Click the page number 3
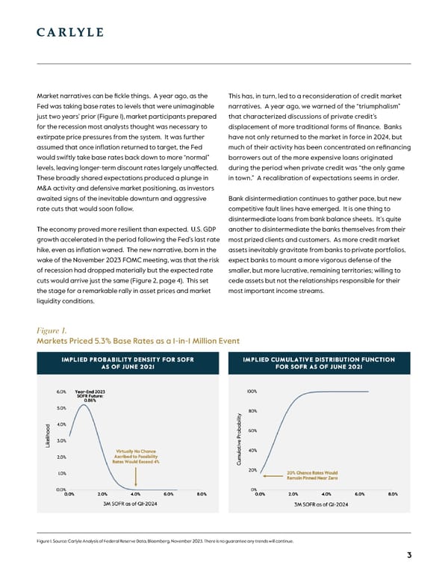coord(410,554)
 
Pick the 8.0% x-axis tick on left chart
coord(201,493)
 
